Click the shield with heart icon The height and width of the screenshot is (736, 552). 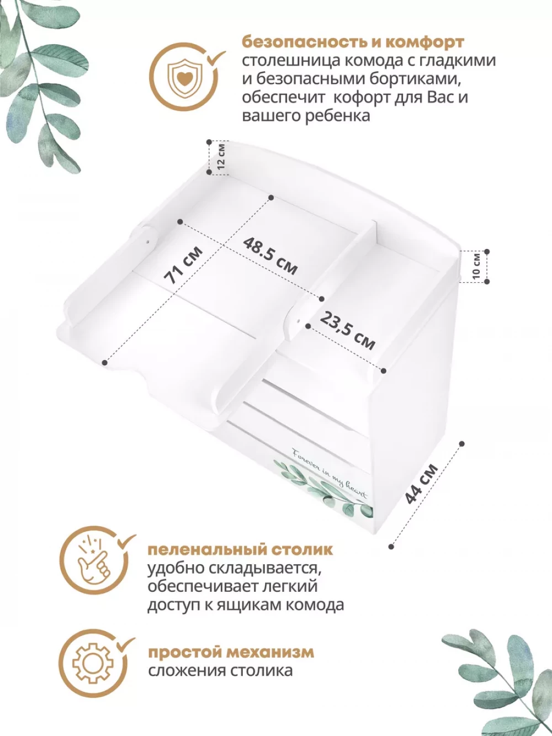pos(183,77)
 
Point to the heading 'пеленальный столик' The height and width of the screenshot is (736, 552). pos(240,549)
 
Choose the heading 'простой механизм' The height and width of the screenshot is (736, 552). pos(231,652)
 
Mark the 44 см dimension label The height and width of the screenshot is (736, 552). pos(421,484)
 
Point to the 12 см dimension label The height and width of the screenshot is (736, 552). pos(221,156)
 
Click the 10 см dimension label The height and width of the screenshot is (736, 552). pos(476,266)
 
